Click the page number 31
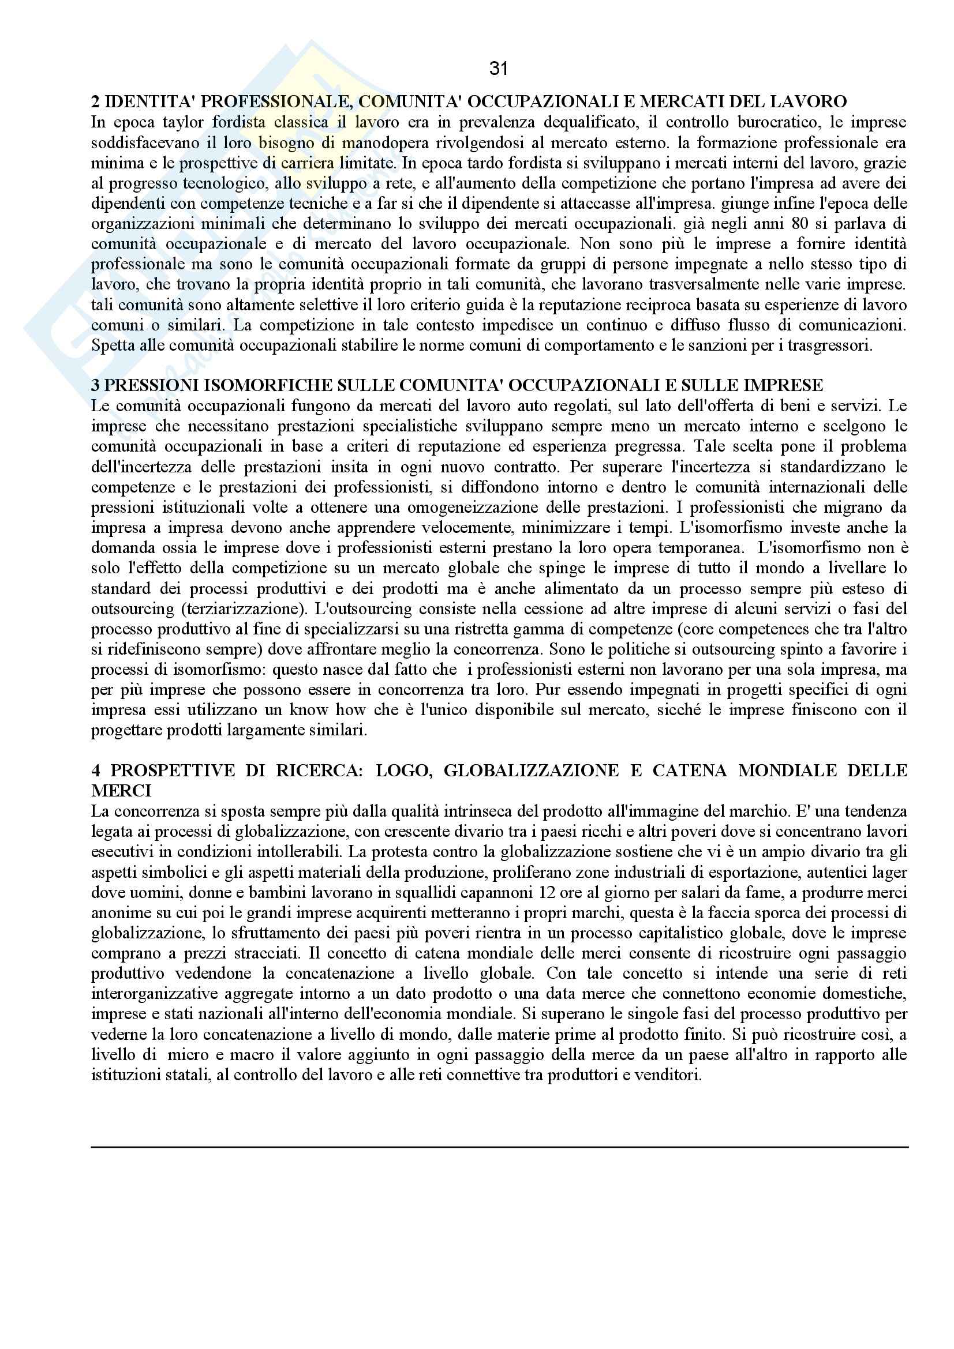(x=498, y=69)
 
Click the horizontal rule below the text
(x=500, y=1147)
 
